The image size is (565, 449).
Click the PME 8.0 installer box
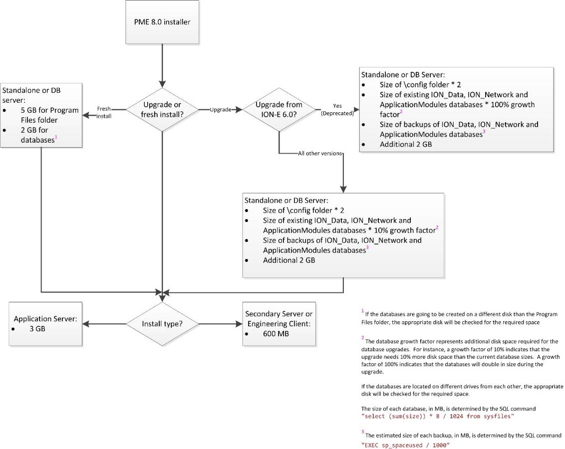click(162, 22)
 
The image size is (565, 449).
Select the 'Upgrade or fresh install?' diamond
click(162, 109)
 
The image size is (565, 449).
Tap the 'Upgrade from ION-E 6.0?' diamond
click(279, 109)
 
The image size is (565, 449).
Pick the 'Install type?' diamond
click(162, 324)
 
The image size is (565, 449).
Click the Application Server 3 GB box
click(45, 324)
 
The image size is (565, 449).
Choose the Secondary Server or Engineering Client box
click(279, 324)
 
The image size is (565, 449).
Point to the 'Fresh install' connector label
click(104, 112)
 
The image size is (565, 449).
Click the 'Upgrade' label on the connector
click(221, 109)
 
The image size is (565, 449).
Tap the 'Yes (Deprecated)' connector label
click(337, 109)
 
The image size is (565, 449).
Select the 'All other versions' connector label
click(320, 153)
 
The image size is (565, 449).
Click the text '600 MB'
click(276, 334)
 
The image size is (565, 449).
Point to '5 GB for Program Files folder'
click(50, 115)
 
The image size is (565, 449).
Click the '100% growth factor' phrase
click(457, 109)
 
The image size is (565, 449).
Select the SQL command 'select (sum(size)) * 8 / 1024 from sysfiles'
click(437, 416)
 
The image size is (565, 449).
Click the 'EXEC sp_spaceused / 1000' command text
click(405, 446)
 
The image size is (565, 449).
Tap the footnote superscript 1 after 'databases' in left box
click(56, 137)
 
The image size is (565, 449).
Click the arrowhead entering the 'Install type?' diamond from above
click(162, 298)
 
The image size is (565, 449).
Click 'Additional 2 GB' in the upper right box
click(406, 144)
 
